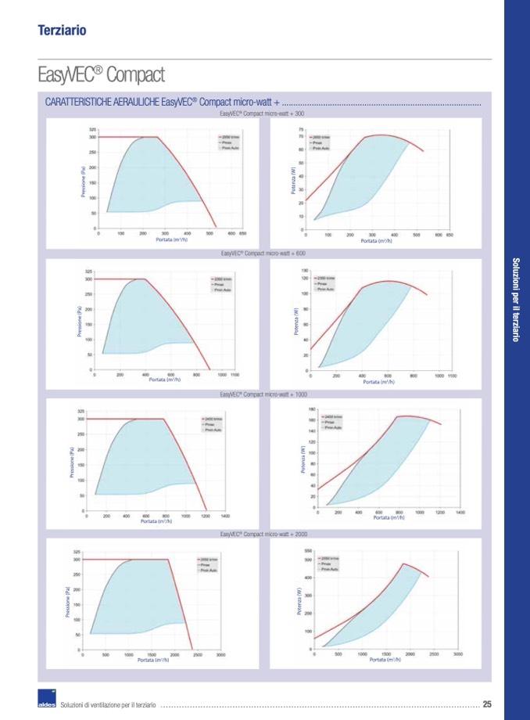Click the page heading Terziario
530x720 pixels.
[x=61, y=31]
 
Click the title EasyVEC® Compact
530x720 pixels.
[x=101, y=76]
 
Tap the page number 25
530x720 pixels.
[x=487, y=704]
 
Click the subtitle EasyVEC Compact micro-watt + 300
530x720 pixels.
[x=262, y=114]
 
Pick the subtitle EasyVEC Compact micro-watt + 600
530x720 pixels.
[x=263, y=254]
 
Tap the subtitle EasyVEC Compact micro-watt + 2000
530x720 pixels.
[x=263, y=534]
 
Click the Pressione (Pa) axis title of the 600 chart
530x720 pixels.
[x=80, y=322]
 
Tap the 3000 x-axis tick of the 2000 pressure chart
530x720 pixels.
[x=221, y=654]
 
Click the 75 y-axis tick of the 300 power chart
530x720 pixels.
[x=301, y=129]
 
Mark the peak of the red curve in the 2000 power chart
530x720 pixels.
[x=403, y=563]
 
